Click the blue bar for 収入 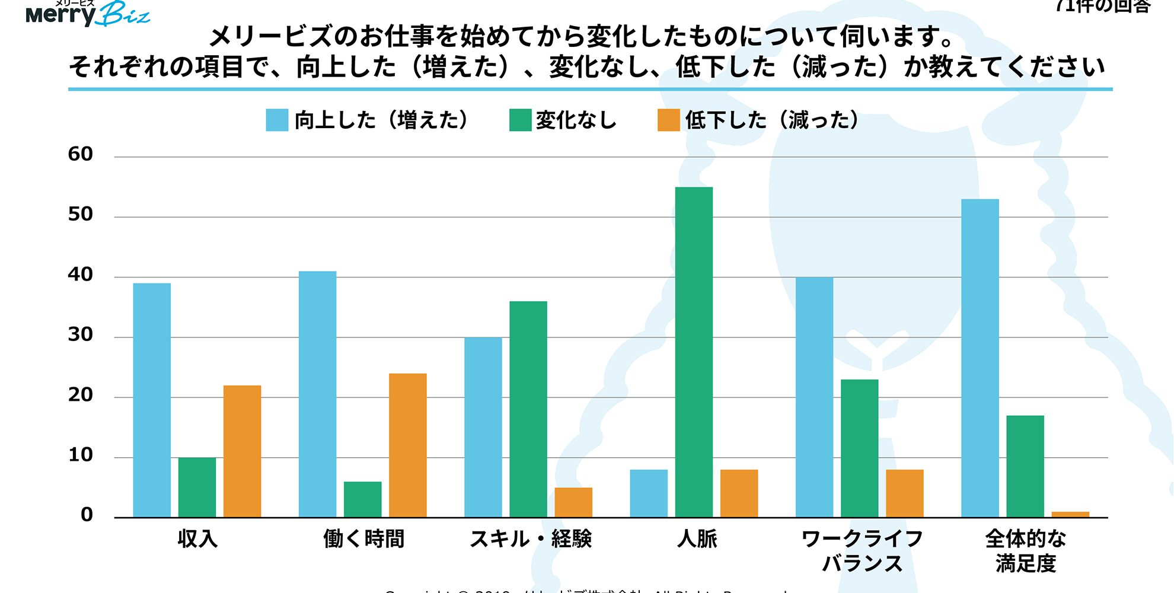[x=152, y=400]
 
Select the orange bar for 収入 [x=242, y=451]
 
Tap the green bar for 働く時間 [x=362, y=499]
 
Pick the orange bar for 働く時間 [x=407, y=445]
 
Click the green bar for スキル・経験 [x=528, y=409]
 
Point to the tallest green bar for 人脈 [x=694, y=352]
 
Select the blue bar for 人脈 [x=649, y=493]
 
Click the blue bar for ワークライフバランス [x=814, y=397]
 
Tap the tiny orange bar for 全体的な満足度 [x=1070, y=514]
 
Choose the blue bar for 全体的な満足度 [x=980, y=358]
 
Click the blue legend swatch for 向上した [x=277, y=120]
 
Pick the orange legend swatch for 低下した [x=668, y=120]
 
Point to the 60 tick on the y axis [x=81, y=154]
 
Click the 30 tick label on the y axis [x=81, y=335]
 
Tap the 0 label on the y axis [x=87, y=515]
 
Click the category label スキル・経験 [x=531, y=538]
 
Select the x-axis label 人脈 [x=697, y=538]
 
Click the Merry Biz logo [x=88, y=13]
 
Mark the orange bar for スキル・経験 [x=573, y=502]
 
